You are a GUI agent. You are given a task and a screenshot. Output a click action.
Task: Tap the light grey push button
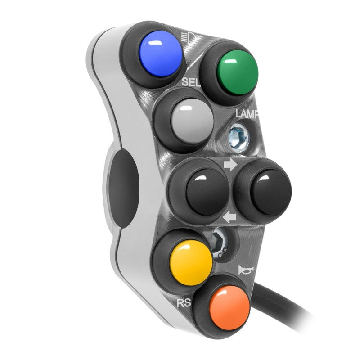pos(193,121)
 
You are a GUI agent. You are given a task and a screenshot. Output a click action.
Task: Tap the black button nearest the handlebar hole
pos(207,192)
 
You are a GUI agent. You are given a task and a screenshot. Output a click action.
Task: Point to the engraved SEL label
pos(191,82)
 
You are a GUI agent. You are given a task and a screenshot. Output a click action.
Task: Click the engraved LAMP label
pos(247,114)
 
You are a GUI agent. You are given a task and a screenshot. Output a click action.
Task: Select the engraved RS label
pos(184,303)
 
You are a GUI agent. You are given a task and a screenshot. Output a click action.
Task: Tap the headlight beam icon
pos(188,37)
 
